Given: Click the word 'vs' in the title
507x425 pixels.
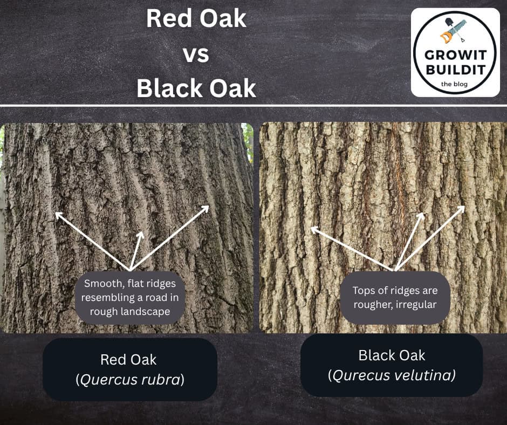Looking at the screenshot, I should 196,54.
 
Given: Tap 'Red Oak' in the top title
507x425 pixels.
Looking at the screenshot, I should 196,20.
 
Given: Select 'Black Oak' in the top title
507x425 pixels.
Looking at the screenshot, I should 196,88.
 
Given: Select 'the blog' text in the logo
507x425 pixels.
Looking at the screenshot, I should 455,84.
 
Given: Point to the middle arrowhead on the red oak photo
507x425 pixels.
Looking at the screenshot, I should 141,235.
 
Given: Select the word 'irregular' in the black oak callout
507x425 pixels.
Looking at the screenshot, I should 414,305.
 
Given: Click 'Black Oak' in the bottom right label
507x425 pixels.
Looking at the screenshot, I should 392,355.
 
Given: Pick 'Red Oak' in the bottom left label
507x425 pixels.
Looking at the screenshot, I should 129,359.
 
